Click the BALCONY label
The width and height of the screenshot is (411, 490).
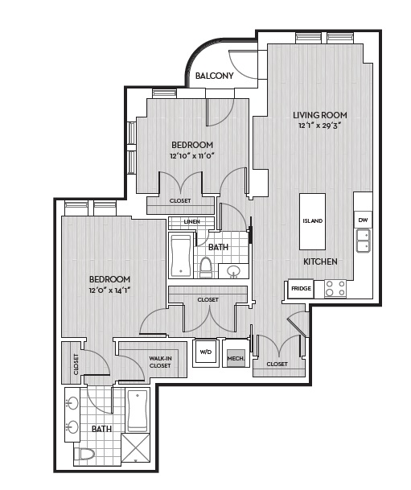pos(214,76)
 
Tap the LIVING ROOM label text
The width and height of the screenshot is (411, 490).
pos(320,115)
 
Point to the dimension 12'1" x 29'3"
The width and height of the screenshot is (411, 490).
pos(319,126)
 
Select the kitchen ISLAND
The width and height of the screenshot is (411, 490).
pos(312,221)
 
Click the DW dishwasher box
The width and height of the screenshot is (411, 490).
pos(363,220)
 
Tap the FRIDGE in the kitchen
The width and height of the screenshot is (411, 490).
pos(301,288)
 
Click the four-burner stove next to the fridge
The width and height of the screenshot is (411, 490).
pos(335,288)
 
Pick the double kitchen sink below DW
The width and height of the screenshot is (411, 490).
pos(364,241)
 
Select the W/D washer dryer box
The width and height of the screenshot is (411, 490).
pos(206,352)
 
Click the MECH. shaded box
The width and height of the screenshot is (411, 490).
pos(236,358)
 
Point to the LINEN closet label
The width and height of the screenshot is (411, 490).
pos(191,221)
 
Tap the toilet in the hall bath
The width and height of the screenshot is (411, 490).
pos(206,267)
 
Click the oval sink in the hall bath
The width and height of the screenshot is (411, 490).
pos(233,271)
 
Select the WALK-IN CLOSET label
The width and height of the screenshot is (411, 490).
pos(160,362)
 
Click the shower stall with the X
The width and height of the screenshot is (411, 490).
pos(136,447)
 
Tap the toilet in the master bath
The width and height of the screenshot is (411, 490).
pos(84,454)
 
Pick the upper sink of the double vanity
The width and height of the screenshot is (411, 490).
pos(72,403)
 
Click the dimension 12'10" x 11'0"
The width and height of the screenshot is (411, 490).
pos(191,155)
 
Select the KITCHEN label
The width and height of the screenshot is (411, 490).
pos(320,261)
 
